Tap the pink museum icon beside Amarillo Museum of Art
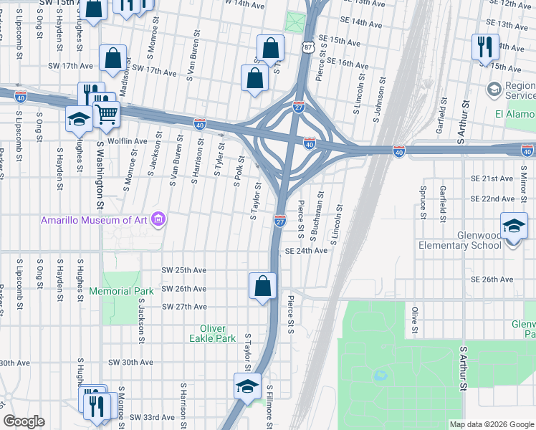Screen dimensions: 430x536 point(159,219)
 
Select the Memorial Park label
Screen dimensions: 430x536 point(121,291)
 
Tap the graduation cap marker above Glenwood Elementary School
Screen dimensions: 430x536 point(514,226)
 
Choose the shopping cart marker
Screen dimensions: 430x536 point(106,113)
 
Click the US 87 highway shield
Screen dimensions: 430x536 point(307,47)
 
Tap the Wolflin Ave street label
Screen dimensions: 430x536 point(128,141)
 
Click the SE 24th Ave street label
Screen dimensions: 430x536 point(306,251)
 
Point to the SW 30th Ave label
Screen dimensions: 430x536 point(130,363)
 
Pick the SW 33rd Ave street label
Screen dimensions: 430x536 point(151,417)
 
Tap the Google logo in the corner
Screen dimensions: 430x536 point(24,421)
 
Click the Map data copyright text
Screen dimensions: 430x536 point(492,424)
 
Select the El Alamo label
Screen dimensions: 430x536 point(515,114)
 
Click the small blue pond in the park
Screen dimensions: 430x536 point(381,375)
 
